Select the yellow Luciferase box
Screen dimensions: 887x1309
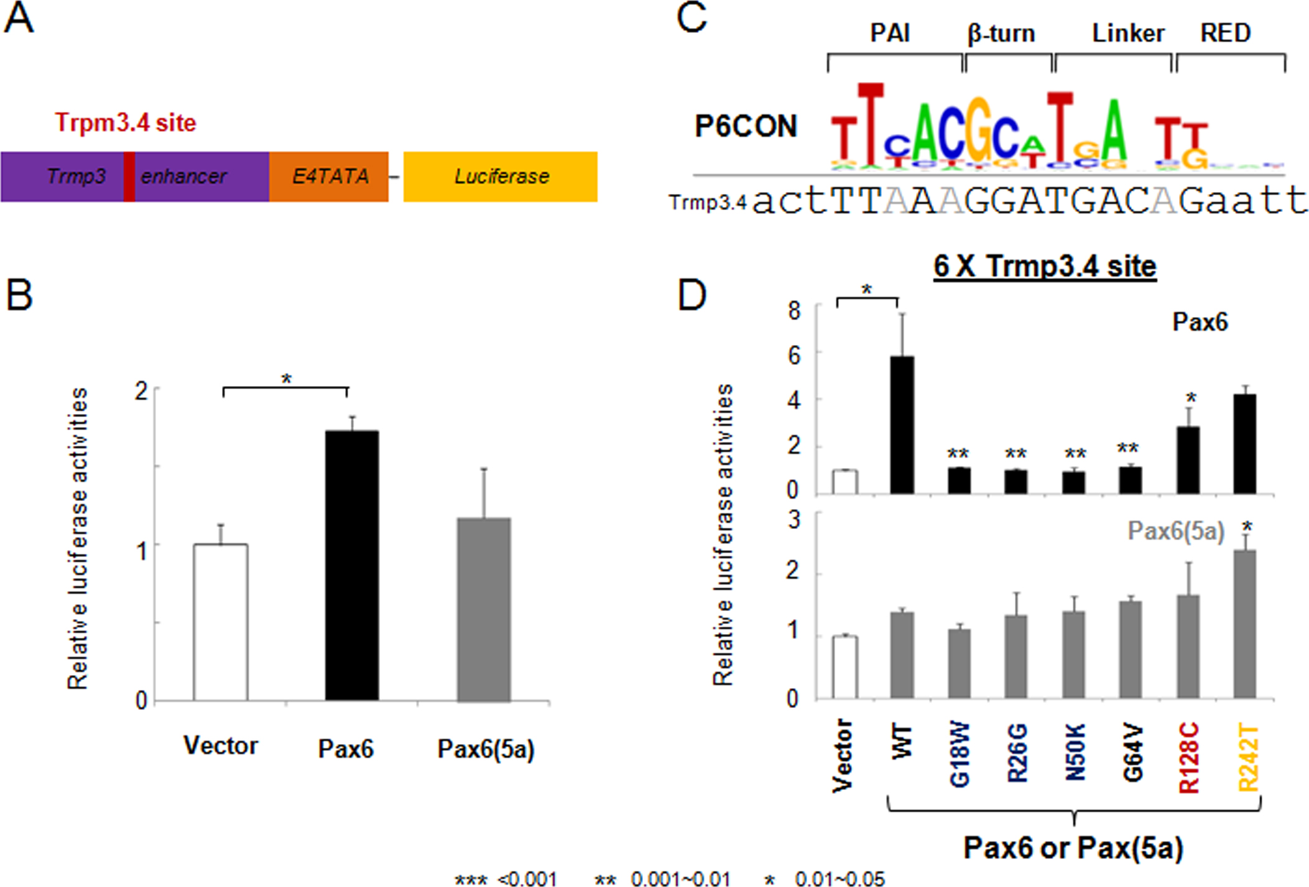point(501,177)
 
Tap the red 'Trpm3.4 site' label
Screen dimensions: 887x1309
point(125,122)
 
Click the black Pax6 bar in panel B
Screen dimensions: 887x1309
point(352,566)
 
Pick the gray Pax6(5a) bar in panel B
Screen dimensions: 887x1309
point(484,609)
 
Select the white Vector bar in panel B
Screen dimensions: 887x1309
point(220,622)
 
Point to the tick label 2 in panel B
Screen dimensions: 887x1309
point(142,391)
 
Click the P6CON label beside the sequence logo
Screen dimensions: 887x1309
point(746,127)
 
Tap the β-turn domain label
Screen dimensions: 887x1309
point(1001,34)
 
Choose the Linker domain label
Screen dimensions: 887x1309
point(1128,33)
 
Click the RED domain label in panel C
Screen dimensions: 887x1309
point(1225,33)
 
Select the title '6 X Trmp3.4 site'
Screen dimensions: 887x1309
point(1045,266)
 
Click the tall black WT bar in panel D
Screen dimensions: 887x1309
point(902,425)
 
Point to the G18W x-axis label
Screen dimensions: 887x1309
point(960,755)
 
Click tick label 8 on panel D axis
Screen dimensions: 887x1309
point(794,310)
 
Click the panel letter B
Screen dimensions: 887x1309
point(19,295)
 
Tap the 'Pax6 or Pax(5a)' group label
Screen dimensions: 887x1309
point(1073,847)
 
